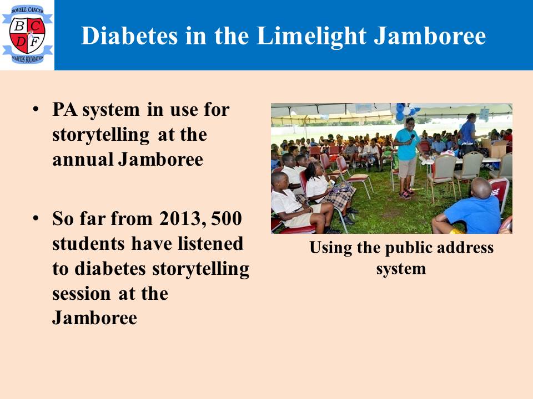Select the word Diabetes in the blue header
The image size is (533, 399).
click(x=129, y=35)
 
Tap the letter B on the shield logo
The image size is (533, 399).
click(x=19, y=26)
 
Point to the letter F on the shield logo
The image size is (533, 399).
click(x=34, y=42)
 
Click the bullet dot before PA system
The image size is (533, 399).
click(x=36, y=110)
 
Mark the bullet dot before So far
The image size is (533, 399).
click(x=36, y=218)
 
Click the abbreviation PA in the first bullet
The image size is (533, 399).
click(x=64, y=109)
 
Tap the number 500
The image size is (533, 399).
click(x=227, y=218)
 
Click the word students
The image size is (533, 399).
click(x=88, y=243)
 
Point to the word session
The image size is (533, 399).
click(x=82, y=294)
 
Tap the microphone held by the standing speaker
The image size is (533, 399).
click(x=413, y=137)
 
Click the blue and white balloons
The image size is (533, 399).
click(x=406, y=111)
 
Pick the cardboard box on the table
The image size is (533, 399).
click(x=495, y=148)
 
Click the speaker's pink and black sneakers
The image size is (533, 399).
click(x=406, y=194)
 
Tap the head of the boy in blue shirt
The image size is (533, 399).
click(x=481, y=188)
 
